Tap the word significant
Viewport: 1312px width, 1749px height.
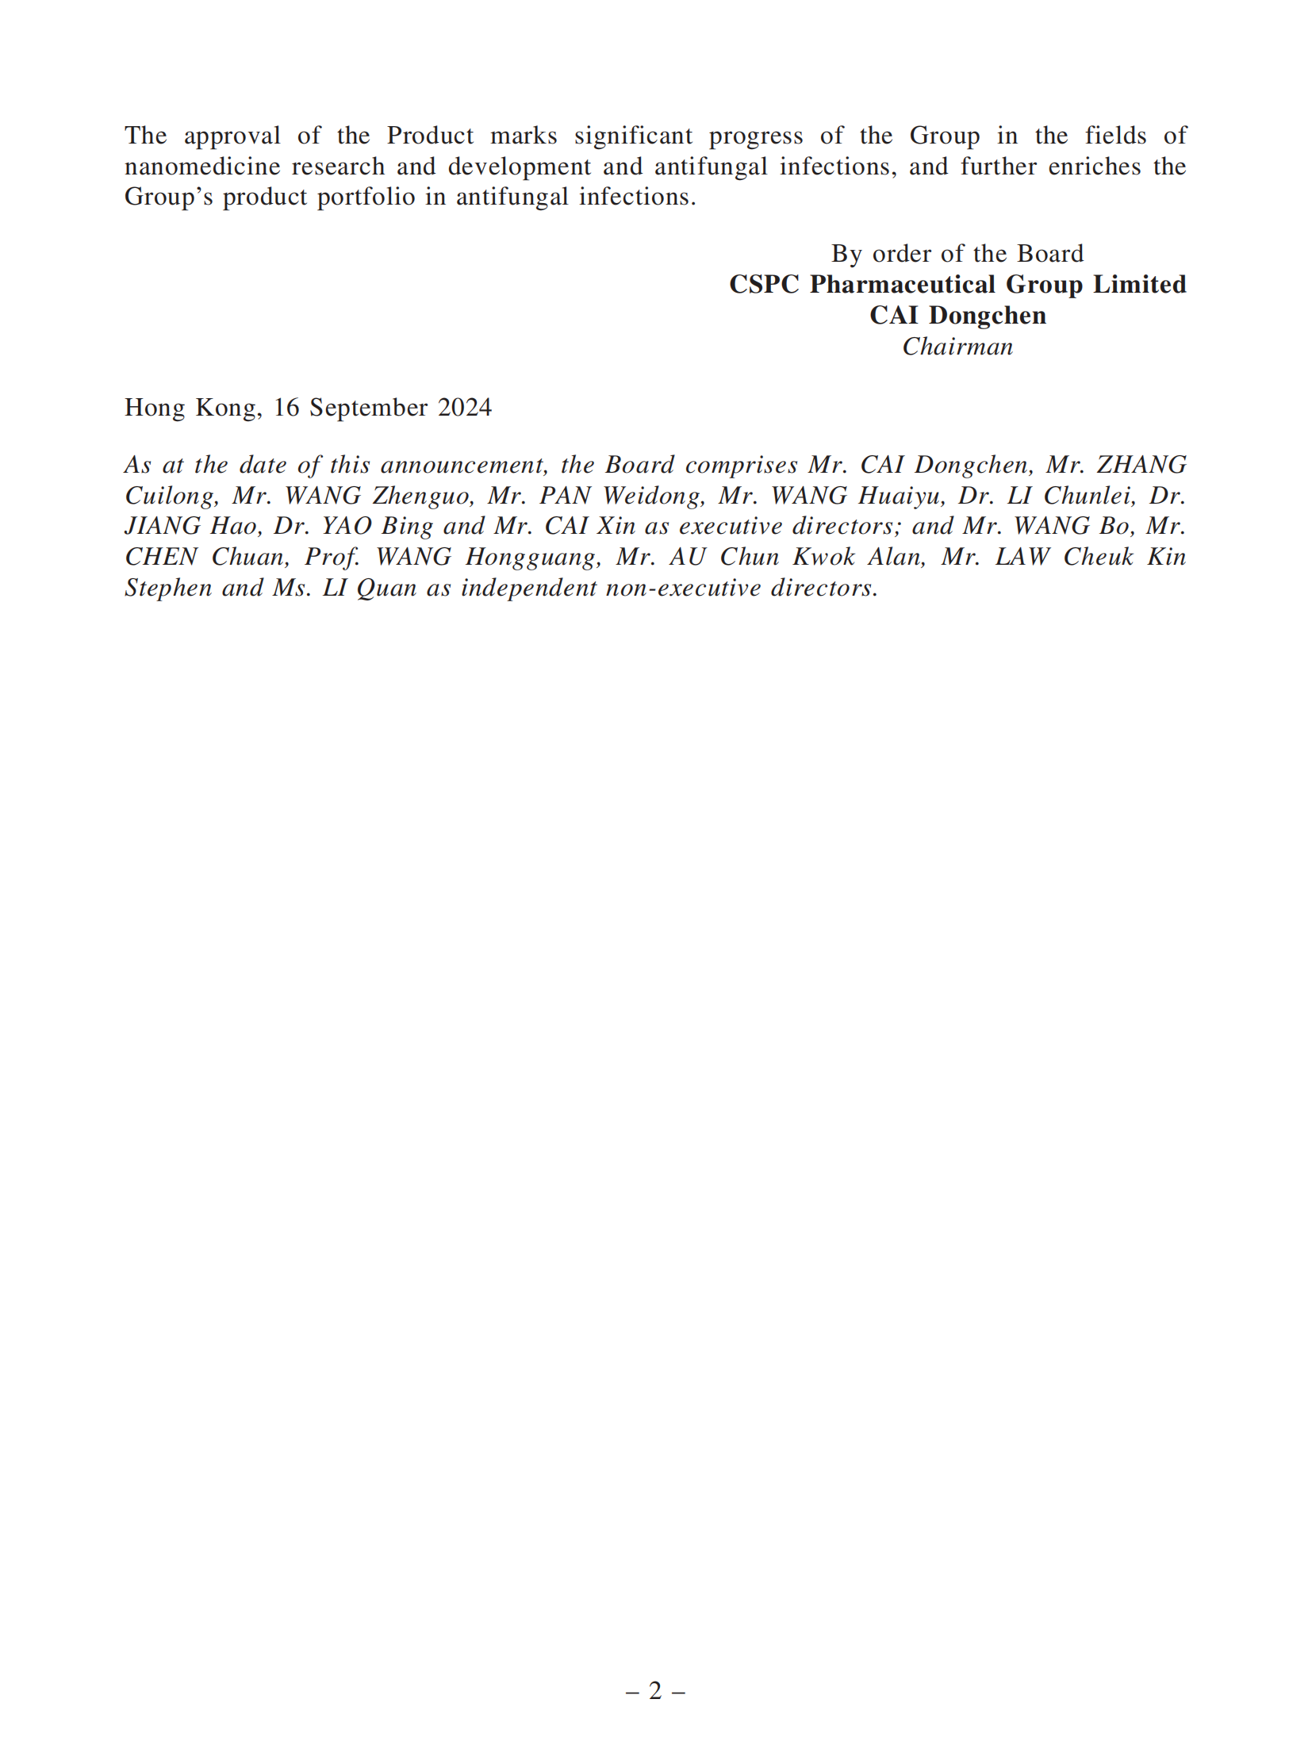tap(633, 136)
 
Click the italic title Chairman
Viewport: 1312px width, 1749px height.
tap(957, 347)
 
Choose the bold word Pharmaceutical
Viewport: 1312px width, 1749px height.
tap(902, 284)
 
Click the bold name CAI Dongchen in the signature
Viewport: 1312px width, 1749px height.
tap(957, 315)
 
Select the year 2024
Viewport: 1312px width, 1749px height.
tap(465, 408)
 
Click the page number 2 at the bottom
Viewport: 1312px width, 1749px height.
tap(655, 1690)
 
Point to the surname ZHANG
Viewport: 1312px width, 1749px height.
tap(1141, 465)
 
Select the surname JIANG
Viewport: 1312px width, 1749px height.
tap(163, 526)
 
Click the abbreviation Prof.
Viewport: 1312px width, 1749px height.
tap(332, 557)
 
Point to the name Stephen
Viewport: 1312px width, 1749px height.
tap(167, 588)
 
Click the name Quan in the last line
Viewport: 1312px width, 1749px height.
tap(386, 588)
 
